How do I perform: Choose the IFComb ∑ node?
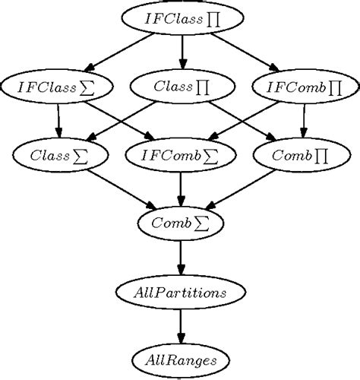tap(181, 156)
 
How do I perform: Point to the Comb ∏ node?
tap(304, 156)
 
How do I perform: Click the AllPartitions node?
tap(181, 292)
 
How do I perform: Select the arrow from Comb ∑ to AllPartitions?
tap(181, 258)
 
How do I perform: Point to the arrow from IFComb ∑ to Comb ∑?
tap(181, 190)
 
